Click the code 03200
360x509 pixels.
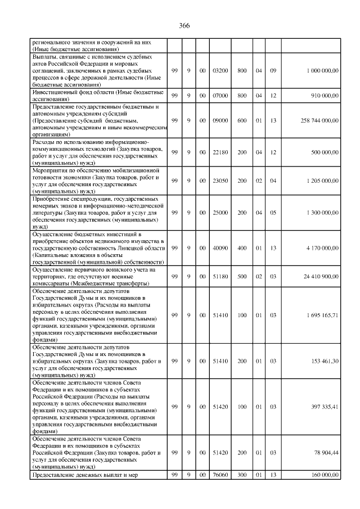(221, 71)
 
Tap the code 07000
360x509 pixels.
(221, 96)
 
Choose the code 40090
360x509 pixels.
(221, 247)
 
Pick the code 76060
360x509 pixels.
(221, 475)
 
